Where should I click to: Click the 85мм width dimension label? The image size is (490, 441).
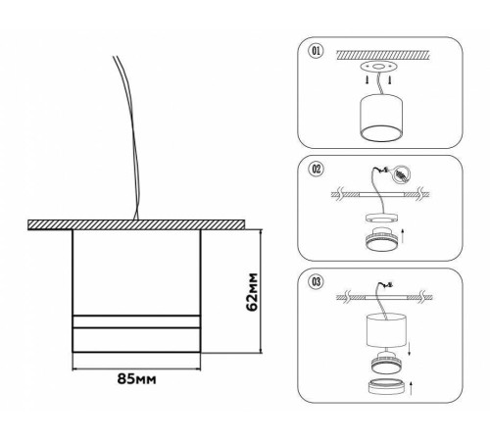(x=136, y=378)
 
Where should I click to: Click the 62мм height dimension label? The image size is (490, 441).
(x=252, y=292)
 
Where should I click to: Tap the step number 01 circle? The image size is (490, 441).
(x=316, y=51)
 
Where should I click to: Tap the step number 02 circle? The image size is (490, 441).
(x=317, y=170)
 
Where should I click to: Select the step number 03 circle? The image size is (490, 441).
(x=317, y=281)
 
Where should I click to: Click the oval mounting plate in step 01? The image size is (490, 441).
(x=378, y=67)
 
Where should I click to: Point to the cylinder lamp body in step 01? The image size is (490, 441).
(x=381, y=118)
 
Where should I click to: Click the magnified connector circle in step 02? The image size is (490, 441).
(x=402, y=174)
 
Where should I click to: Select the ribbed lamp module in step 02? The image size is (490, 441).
(x=381, y=238)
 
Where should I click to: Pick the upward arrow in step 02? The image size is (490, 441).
(x=403, y=236)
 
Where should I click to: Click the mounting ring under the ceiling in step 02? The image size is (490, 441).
(x=381, y=218)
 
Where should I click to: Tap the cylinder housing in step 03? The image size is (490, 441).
(x=386, y=330)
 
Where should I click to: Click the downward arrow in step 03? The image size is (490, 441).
(x=410, y=349)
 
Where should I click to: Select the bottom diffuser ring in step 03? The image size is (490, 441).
(x=387, y=386)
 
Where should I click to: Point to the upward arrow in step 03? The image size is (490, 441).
(x=411, y=388)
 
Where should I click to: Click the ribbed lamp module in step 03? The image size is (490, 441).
(x=387, y=363)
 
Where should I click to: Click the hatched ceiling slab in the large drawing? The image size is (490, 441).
(x=136, y=224)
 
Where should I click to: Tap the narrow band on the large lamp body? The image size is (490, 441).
(x=136, y=321)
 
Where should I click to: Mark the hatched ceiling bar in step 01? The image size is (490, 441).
(x=382, y=55)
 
